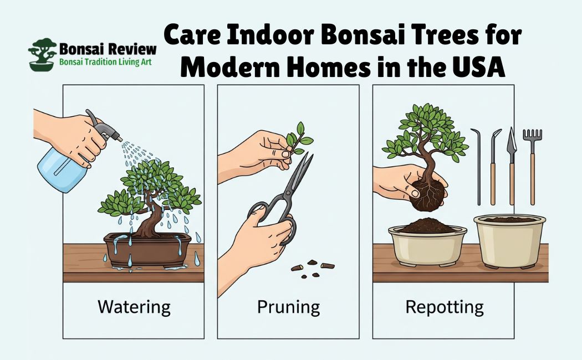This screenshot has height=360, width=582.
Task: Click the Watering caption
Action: click(134, 307)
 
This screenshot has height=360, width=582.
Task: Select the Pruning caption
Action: click(288, 308)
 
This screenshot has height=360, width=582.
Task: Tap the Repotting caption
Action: click(445, 308)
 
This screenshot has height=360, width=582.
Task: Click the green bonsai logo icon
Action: click(42, 54)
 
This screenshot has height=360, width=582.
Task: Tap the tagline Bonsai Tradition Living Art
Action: click(105, 62)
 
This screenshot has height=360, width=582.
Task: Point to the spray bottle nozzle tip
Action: click(120, 140)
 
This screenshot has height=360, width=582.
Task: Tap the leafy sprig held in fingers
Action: click(299, 138)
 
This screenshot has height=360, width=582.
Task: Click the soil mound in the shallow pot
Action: click(427, 226)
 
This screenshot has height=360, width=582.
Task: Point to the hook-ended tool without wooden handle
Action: click(477, 166)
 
